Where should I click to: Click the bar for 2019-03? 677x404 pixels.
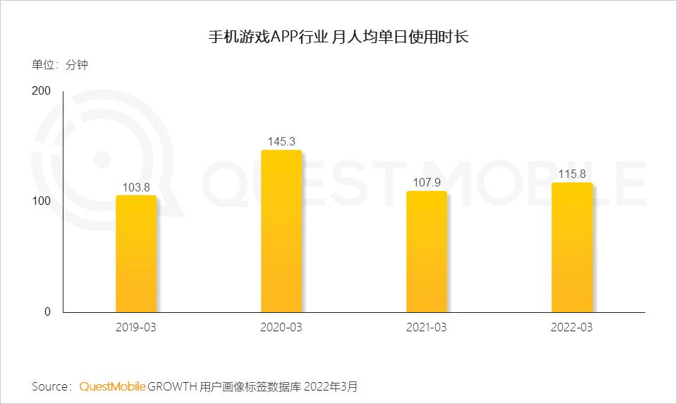136,254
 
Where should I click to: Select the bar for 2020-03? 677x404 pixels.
281,231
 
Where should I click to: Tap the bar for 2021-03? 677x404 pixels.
427,251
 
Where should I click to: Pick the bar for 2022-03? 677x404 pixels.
572,247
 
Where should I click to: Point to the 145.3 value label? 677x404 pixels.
281,142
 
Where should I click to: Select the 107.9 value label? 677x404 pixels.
427,182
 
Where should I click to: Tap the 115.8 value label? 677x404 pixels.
572,174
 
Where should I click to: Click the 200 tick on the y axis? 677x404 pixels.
42,91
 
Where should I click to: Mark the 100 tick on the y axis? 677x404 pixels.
42,201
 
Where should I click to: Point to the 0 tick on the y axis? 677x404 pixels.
48,312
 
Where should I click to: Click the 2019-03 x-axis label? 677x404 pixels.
136,328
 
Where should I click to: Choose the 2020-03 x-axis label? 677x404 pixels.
281,328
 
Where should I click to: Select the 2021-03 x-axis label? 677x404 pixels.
427,328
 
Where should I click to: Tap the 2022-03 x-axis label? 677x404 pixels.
572,328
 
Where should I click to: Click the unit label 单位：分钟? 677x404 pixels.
60,65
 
